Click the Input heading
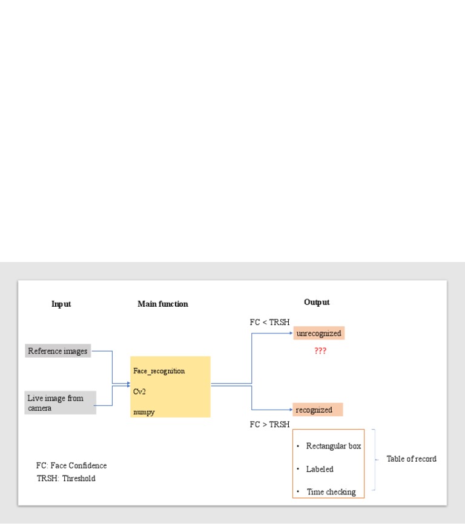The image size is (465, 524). tap(61, 304)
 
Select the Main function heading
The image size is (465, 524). tap(163, 304)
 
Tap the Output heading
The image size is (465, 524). tap(317, 302)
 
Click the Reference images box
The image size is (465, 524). tap(58, 351)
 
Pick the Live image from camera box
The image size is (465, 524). tap(61, 403)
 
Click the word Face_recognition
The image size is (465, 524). tap(159, 370)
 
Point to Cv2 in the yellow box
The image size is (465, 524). tap(140, 391)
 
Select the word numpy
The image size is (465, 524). tap(144, 412)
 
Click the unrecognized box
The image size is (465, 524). tap(319, 333)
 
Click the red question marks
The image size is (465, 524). tap(320, 351)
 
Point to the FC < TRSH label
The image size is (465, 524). tap(269, 322)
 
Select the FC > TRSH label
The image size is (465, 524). tap(269, 425)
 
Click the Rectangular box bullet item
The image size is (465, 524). tap(333, 446)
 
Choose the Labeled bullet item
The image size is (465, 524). tap(320, 469)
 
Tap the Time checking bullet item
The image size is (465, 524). tap(331, 492)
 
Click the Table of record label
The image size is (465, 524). tap(411, 459)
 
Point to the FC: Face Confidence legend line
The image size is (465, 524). tap(71, 465)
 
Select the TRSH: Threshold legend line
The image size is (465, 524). tap(66, 478)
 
